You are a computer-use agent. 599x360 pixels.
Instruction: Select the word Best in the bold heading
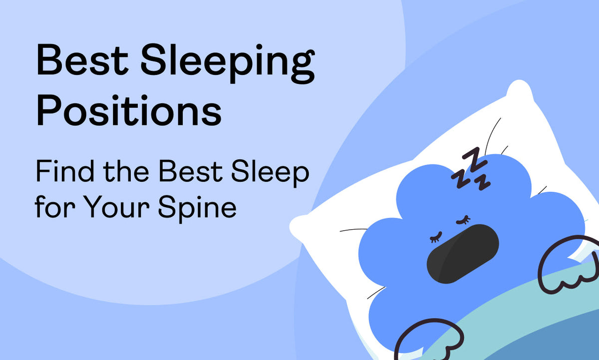[x=82, y=60]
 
